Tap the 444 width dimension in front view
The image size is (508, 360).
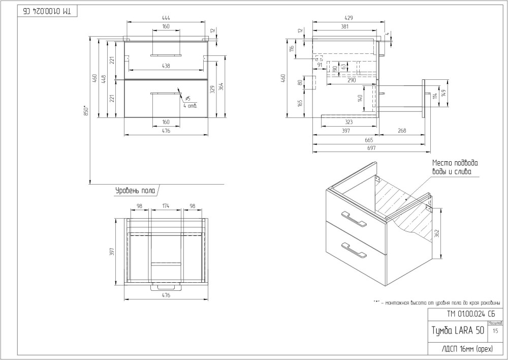tap(166, 18)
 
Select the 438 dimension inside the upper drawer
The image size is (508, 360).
tap(166, 66)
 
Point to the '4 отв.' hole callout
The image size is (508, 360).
tap(190, 105)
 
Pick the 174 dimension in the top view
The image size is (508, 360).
tap(166, 206)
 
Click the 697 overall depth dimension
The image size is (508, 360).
tap(370, 148)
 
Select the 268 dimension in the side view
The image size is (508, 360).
tap(402, 131)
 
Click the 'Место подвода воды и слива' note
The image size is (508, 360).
tap(455, 167)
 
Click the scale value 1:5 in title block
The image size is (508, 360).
tap(495, 331)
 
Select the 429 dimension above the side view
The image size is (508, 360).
tap(347, 18)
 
